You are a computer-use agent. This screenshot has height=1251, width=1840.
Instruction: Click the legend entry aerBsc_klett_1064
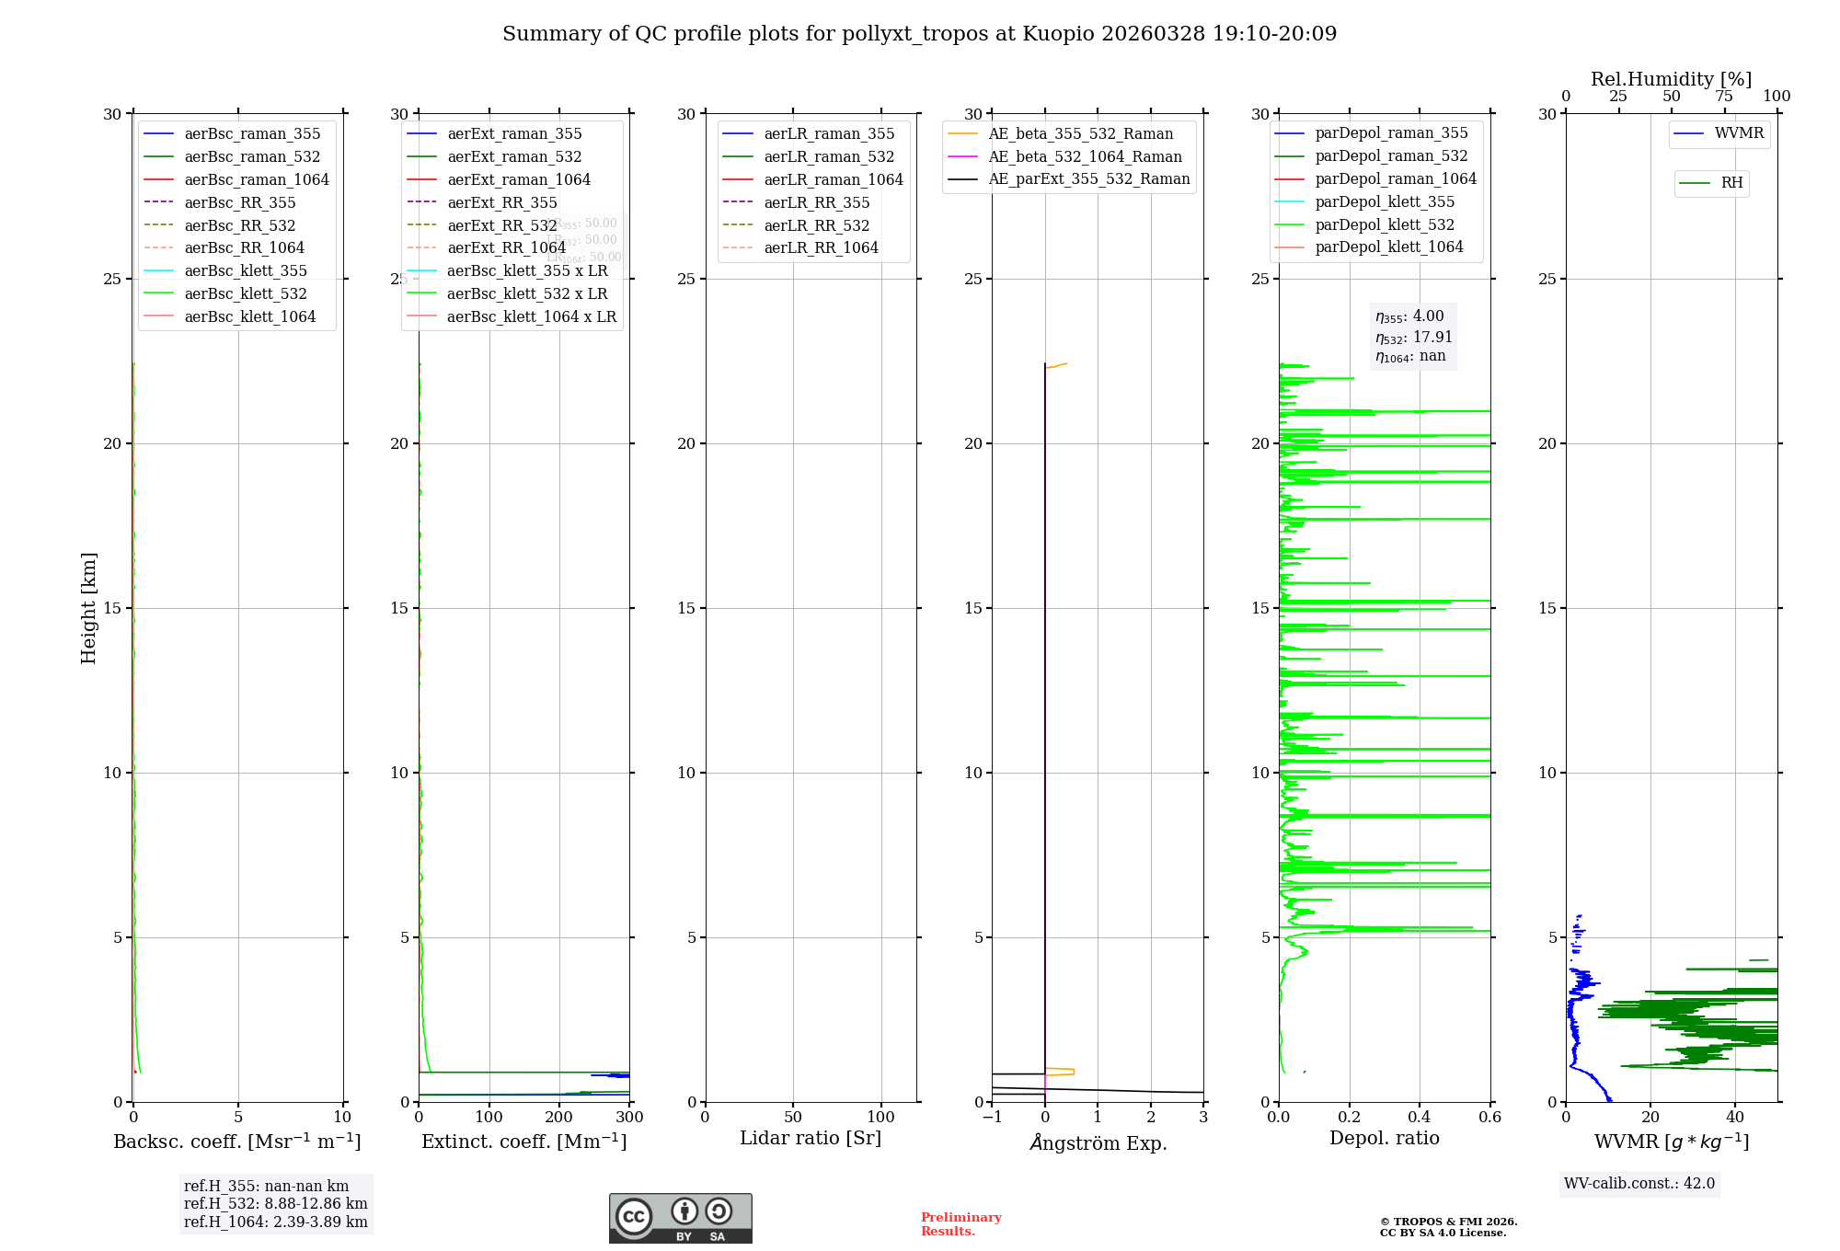click(249, 316)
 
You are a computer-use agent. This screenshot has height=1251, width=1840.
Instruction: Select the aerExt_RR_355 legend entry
click(501, 202)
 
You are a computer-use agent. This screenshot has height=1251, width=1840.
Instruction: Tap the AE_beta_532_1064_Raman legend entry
click(1085, 156)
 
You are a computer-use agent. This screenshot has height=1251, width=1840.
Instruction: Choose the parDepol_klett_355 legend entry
click(1385, 201)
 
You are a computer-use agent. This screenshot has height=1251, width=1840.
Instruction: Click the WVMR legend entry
click(1738, 133)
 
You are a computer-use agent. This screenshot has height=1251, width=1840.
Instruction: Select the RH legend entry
click(1731, 183)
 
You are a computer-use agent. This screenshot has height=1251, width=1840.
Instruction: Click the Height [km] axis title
click(88, 607)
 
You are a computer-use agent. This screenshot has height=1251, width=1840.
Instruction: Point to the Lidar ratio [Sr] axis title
click(811, 1138)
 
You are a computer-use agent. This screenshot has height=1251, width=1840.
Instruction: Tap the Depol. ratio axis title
click(1384, 1138)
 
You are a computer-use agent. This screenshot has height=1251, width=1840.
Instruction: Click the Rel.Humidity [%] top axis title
click(1671, 79)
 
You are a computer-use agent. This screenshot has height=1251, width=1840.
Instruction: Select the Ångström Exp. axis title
click(1098, 1142)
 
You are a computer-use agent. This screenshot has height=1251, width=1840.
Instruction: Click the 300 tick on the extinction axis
click(629, 1118)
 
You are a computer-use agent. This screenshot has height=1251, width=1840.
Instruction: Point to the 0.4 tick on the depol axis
click(1420, 1118)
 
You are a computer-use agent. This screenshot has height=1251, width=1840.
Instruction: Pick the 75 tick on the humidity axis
click(1723, 97)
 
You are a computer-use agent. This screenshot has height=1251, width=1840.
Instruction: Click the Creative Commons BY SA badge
click(680, 1219)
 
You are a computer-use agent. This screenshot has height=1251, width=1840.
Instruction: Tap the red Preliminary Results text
click(960, 1224)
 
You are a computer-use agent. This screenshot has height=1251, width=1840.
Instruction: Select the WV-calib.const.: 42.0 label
click(1639, 1184)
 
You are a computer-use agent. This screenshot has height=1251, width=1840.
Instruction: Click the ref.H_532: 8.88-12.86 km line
click(275, 1204)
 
